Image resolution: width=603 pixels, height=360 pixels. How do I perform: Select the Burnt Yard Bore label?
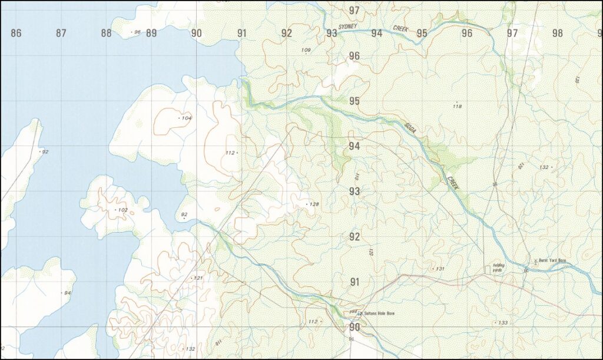click(x=552, y=260)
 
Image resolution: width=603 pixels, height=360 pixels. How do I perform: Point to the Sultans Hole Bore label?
click(x=379, y=313)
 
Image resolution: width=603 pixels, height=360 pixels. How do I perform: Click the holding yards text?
click(x=498, y=267)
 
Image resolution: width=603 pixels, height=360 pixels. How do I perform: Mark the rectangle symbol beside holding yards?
click(x=488, y=268)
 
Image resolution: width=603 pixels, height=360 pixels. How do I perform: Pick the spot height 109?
click(x=306, y=50)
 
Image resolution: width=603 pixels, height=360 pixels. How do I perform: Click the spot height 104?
click(x=186, y=118)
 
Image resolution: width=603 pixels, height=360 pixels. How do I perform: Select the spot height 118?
click(x=457, y=107)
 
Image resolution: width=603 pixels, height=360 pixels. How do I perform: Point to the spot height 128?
click(x=314, y=204)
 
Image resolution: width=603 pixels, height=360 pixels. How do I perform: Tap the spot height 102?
click(x=122, y=210)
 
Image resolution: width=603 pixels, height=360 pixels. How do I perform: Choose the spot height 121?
click(x=198, y=278)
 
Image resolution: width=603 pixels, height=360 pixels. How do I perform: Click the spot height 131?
click(x=439, y=269)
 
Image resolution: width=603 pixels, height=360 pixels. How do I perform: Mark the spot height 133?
click(x=502, y=323)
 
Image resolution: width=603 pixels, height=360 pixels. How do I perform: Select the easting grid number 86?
click(x=16, y=34)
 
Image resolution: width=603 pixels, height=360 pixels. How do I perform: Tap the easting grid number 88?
click(x=106, y=34)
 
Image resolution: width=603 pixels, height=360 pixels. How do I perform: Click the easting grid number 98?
click(x=557, y=34)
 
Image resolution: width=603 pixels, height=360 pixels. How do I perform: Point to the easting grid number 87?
click(x=61, y=34)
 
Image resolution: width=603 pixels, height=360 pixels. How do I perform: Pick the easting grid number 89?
click(x=151, y=34)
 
